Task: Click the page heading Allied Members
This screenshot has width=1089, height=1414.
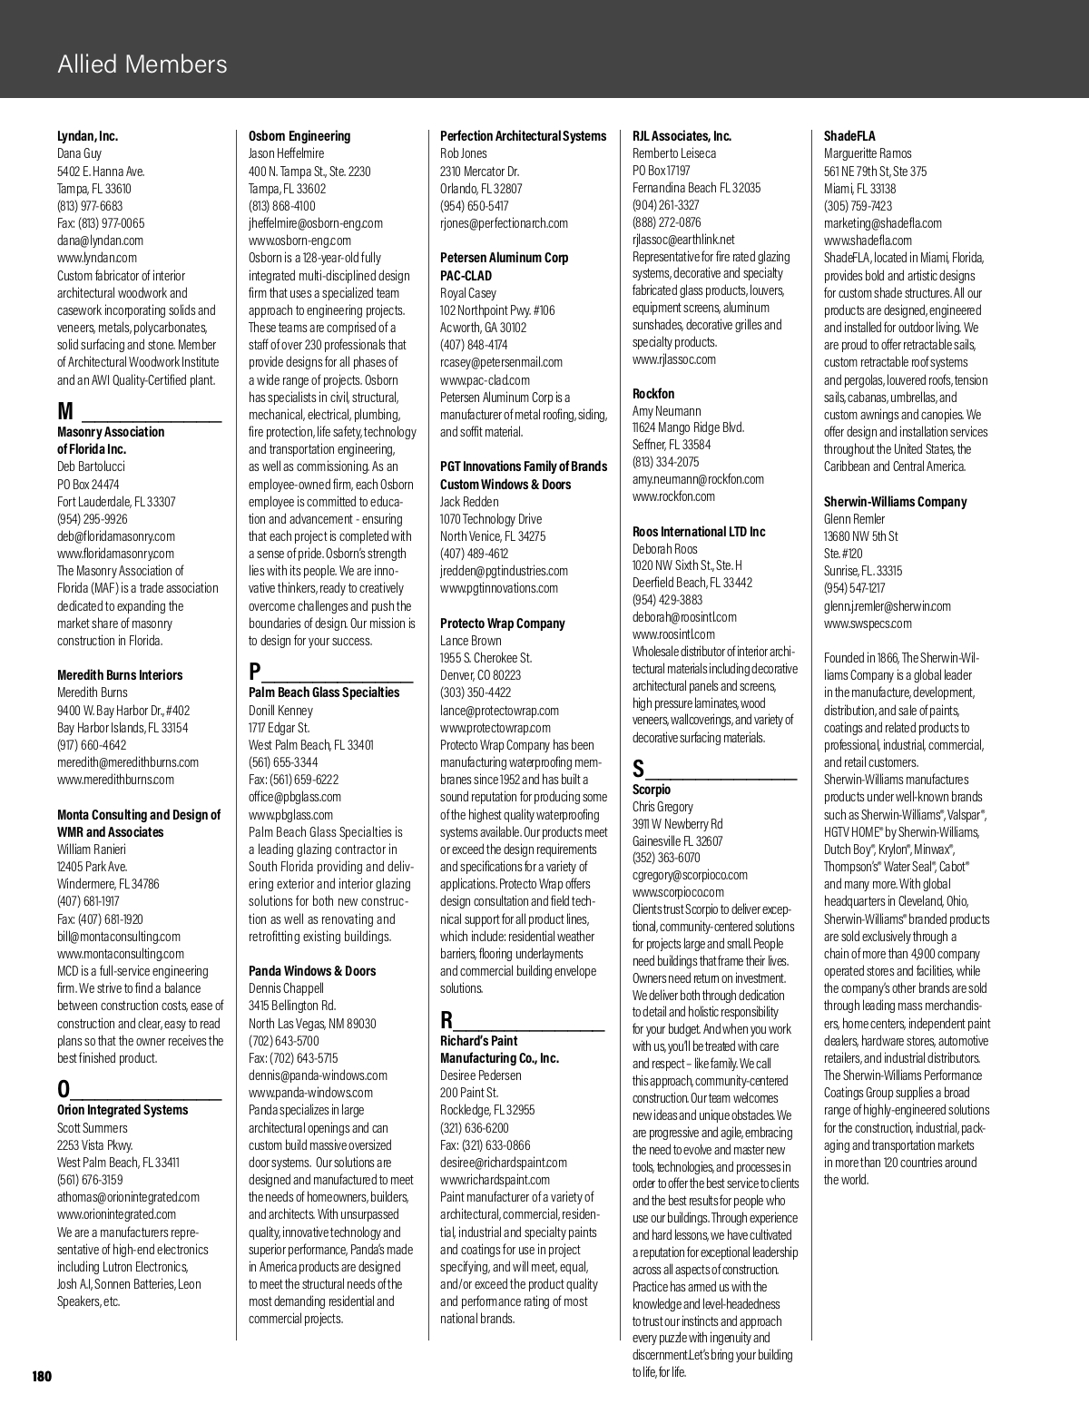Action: [142, 64]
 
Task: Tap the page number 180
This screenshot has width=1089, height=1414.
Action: [42, 1376]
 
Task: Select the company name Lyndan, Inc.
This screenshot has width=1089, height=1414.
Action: [87, 136]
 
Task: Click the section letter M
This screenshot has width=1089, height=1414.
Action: [65, 413]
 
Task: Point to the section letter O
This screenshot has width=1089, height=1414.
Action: [64, 1088]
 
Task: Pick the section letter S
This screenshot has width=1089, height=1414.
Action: [639, 769]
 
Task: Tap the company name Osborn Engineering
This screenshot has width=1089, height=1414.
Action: [299, 136]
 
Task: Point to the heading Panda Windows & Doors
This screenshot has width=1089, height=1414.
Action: [311, 971]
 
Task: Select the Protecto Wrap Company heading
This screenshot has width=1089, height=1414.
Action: [502, 624]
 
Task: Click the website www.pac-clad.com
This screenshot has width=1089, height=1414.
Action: [485, 380]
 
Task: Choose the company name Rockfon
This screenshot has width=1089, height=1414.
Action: [653, 394]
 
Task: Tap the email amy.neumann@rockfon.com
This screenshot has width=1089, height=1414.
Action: [698, 479]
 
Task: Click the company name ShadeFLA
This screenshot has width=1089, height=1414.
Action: [849, 136]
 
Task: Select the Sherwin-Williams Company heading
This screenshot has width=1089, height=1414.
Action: [895, 502]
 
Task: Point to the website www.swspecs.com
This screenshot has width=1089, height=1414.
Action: [868, 624]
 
